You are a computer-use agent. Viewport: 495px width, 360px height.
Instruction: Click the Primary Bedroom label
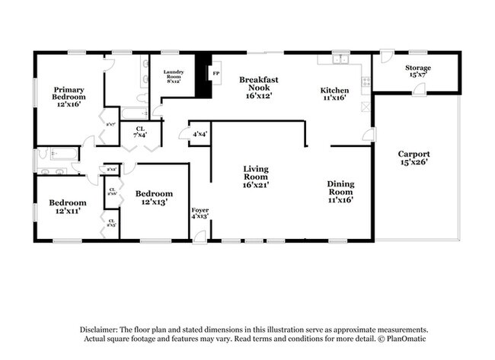68,97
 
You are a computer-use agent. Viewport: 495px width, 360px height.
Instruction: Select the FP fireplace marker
216,74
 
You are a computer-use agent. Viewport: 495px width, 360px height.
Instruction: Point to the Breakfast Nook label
258,88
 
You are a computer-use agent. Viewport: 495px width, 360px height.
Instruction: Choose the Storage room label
418,72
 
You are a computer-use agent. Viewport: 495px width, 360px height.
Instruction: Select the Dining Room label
340,191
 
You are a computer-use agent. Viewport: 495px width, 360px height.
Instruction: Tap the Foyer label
200,212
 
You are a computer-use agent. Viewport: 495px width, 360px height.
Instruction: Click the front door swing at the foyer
199,236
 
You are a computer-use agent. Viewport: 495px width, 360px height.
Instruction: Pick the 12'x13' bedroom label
154,197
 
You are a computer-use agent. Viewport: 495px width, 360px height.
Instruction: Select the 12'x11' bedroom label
68,207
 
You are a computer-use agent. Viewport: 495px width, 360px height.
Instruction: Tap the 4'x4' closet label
200,134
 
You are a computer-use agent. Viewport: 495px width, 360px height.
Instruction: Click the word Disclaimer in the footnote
102,328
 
